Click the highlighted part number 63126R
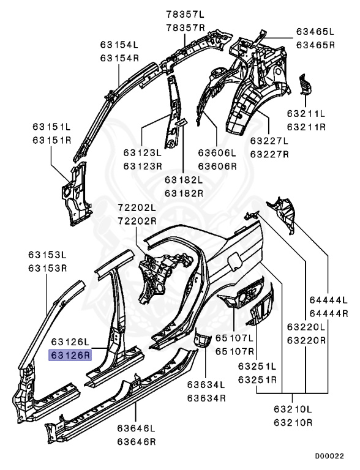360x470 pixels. click(x=70, y=356)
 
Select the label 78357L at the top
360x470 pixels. click(x=185, y=15)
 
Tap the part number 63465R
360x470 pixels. click(x=315, y=45)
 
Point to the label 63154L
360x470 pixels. click(x=119, y=45)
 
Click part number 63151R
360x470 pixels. click(x=52, y=140)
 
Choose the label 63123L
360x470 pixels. click(x=143, y=153)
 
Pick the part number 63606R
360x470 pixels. click(x=217, y=166)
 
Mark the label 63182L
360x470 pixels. click(x=184, y=180)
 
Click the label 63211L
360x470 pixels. click(x=306, y=114)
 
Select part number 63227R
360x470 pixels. click(x=269, y=154)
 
